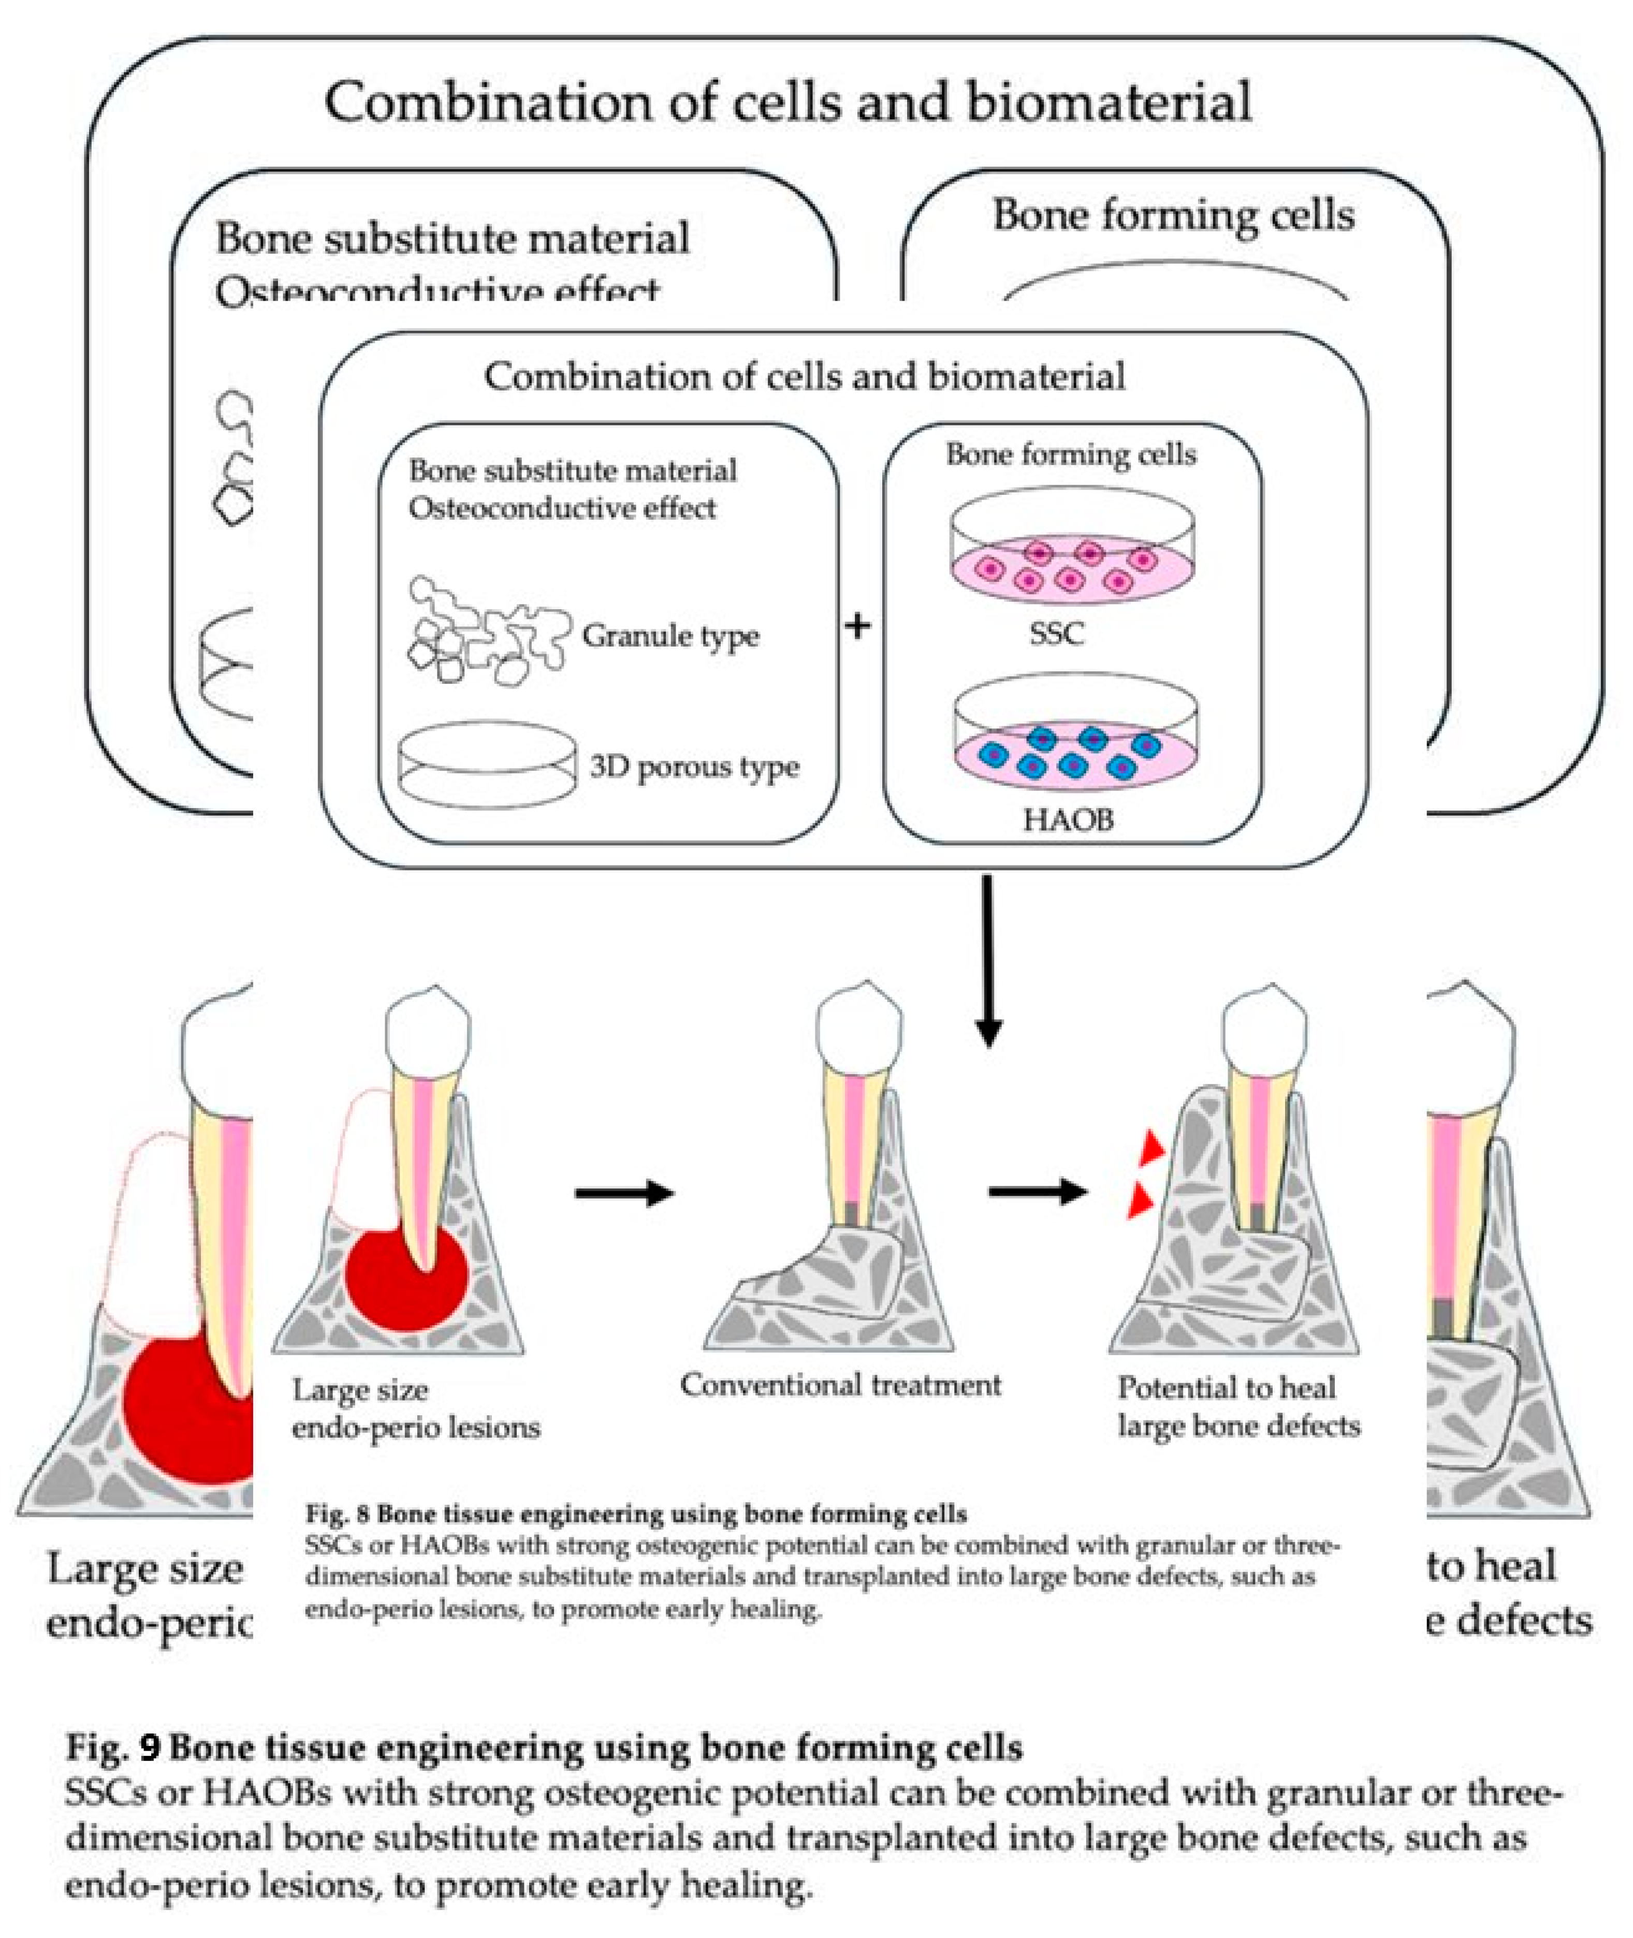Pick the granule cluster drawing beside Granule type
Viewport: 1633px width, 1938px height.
tap(486, 629)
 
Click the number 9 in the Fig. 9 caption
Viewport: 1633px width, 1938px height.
tap(150, 1748)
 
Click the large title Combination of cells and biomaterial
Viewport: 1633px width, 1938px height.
tap(787, 102)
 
